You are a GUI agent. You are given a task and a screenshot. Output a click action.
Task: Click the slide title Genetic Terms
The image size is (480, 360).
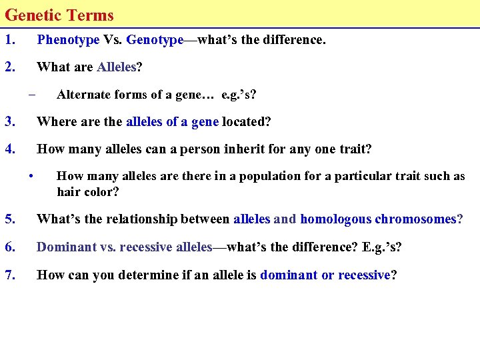pos(59,15)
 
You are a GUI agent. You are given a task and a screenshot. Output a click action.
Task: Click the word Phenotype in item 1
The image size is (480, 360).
pos(68,40)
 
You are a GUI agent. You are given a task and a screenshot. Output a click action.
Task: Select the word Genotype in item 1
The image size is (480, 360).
pos(155,40)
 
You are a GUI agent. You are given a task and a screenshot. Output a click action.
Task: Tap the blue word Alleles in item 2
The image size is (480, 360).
pos(117,67)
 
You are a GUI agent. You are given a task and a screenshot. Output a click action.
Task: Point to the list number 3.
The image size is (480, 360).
pos(9,121)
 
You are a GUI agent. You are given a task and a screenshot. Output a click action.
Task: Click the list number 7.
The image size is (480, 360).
pos(9,275)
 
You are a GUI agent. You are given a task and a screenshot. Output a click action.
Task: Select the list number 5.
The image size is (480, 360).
pos(9,219)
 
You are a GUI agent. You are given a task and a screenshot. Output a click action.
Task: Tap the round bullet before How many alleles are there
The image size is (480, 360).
pos(31,176)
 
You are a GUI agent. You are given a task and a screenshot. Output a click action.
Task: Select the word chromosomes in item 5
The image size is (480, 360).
pos(416,219)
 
